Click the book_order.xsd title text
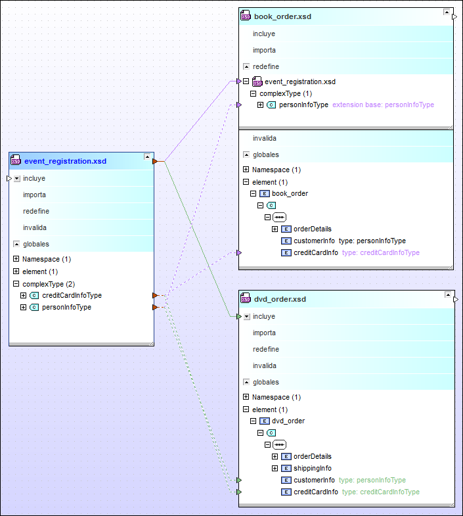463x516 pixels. coord(282,16)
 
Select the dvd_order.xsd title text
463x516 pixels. coord(280,299)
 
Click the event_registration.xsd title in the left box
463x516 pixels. coord(65,161)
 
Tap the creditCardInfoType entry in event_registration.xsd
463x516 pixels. coord(72,295)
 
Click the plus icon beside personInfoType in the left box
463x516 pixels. coord(24,307)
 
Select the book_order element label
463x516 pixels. coord(290,193)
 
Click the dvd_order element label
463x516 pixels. coord(288,421)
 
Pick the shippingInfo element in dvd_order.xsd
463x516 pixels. coord(313,468)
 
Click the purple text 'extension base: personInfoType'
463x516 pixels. coord(383,105)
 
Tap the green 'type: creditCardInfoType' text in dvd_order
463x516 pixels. coord(381,492)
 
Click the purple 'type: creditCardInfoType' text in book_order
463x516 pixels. coord(381,252)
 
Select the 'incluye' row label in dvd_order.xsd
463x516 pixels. coord(264,316)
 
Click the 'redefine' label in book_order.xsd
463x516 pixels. coord(266,66)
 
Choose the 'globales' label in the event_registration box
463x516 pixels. coord(36,244)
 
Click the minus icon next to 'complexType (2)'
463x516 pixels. coord(16,283)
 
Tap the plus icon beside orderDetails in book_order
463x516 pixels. coord(275,229)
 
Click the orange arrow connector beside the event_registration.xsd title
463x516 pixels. coord(155,161)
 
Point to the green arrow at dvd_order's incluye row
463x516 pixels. coord(239,317)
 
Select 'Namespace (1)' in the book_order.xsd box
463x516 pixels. coord(276,170)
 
